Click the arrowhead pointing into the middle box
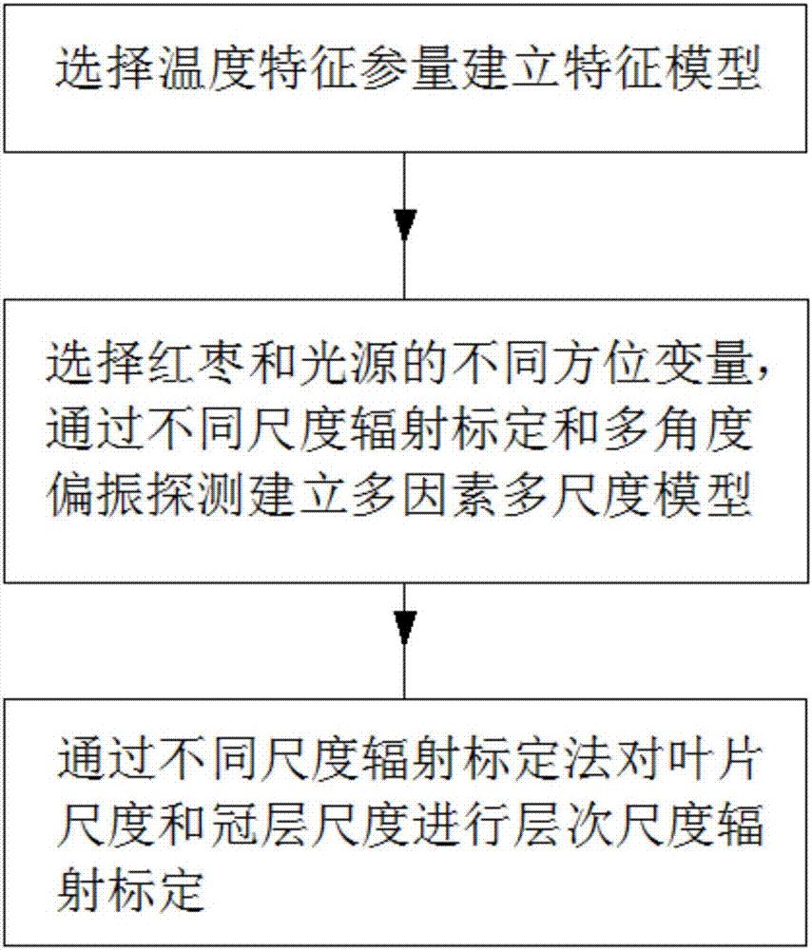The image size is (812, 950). point(406,225)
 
